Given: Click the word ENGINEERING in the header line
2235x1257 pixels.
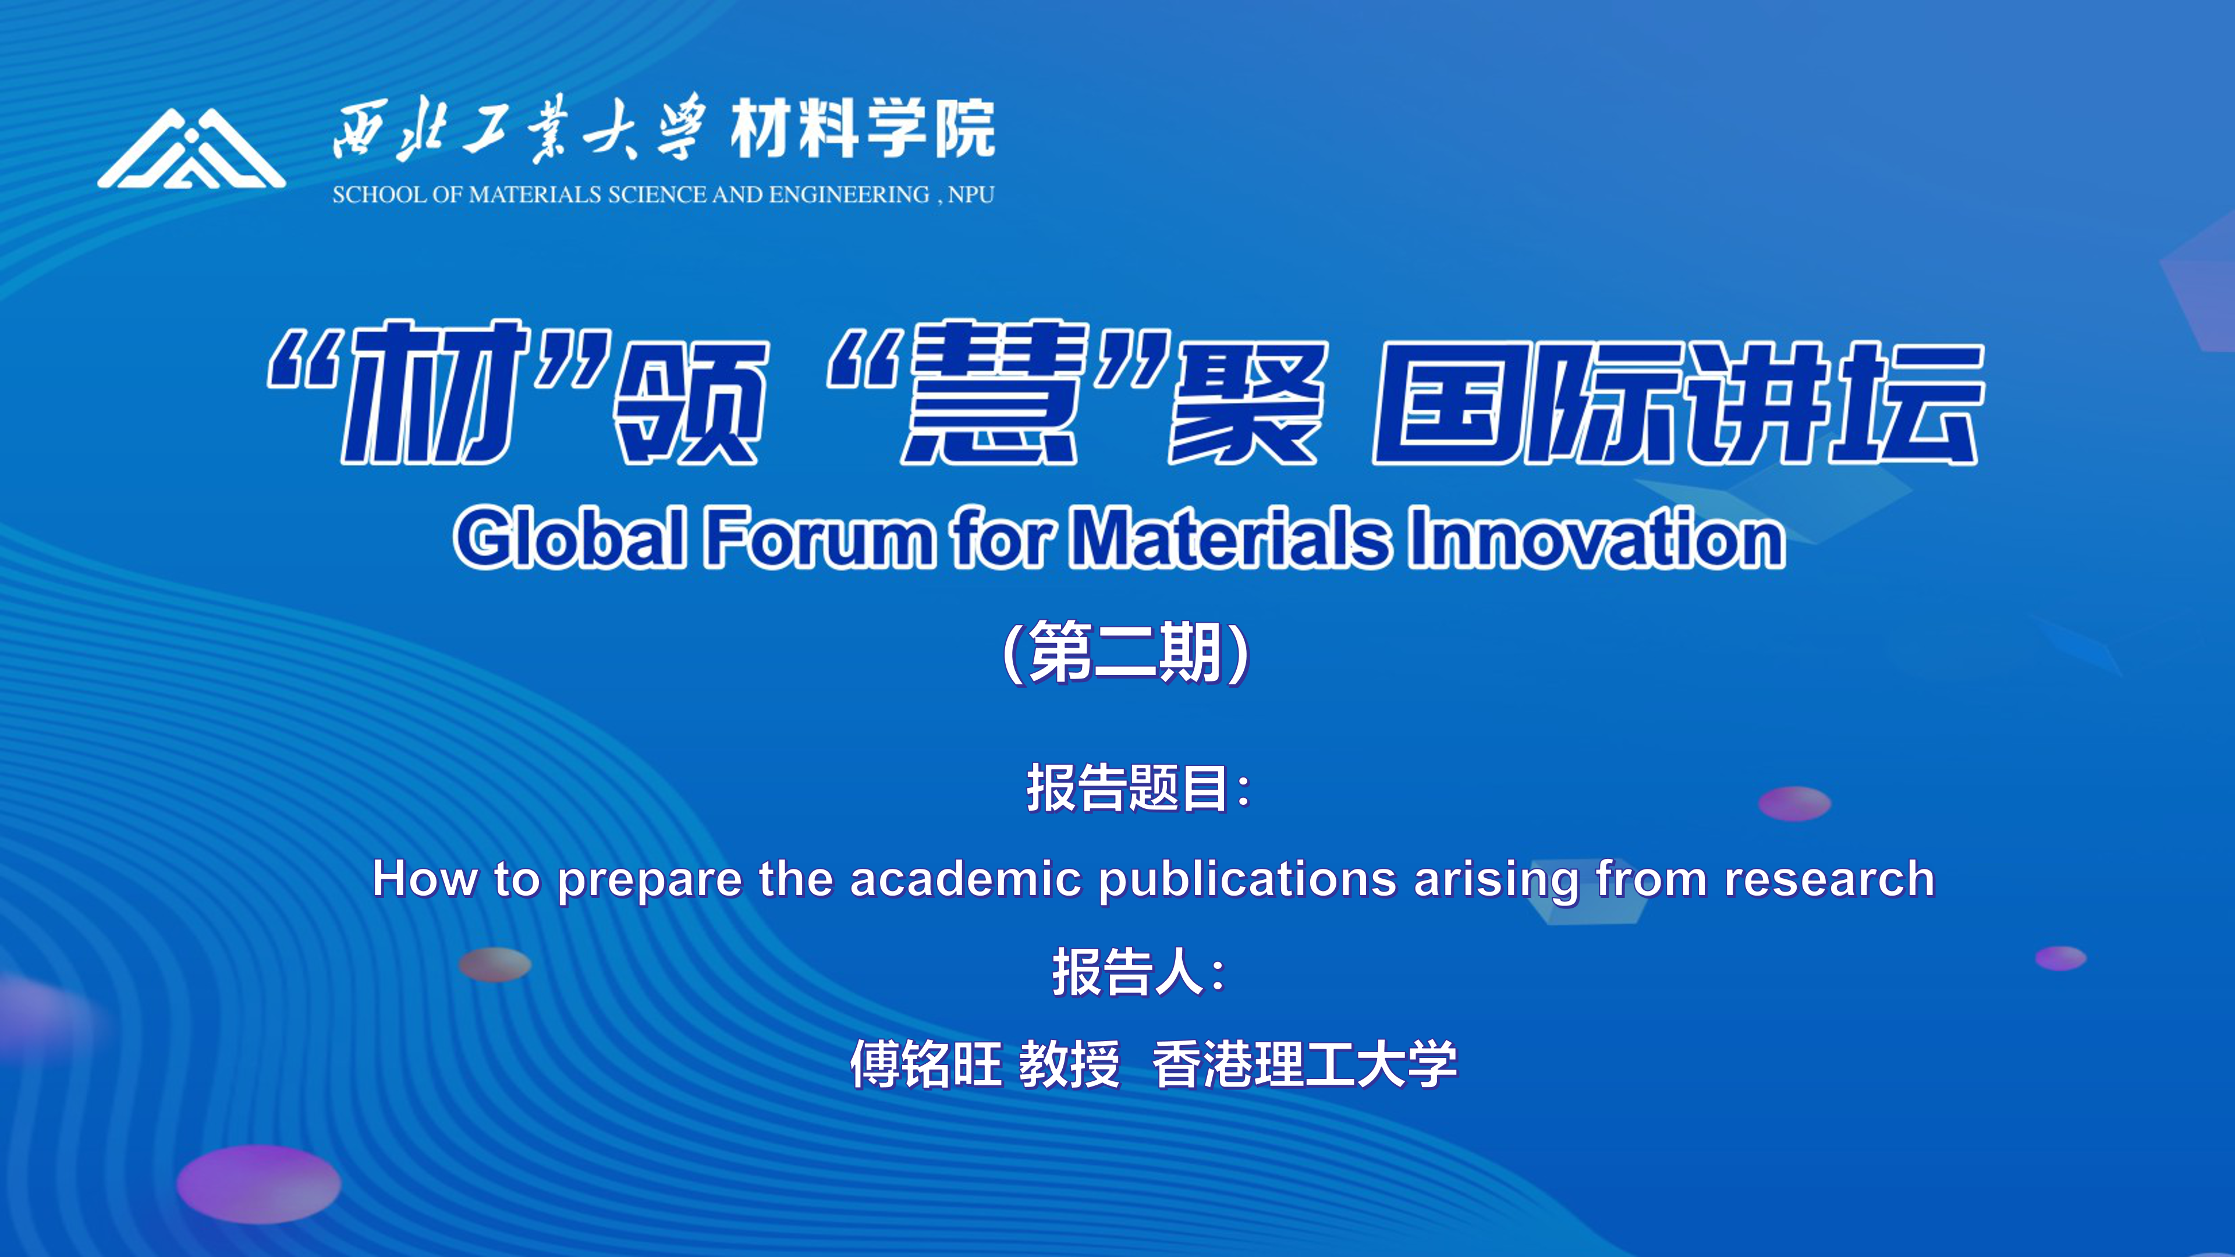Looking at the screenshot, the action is coord(849,194).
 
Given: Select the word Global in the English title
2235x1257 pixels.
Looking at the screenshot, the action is coord(570,538).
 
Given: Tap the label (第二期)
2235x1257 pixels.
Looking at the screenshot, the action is coord(1125,652).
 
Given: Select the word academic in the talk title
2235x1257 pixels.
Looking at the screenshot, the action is coord(965,878).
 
